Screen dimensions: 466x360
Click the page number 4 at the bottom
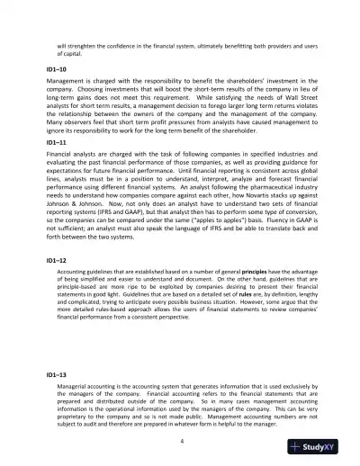(x=180, y=442)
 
